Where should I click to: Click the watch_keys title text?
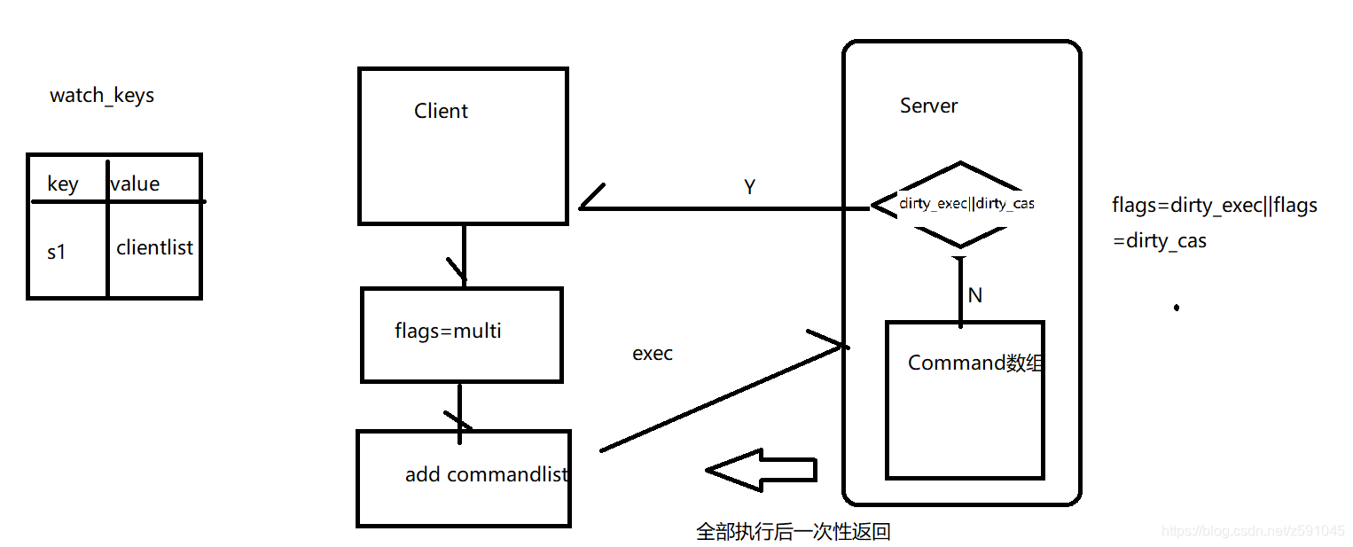click(102, 96)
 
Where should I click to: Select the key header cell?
click(63, 184)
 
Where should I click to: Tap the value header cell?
click(135, 184)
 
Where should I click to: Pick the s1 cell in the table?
click(57, 252)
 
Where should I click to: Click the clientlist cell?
click(154, 248)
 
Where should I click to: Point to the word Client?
click(441, 111)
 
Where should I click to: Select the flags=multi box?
click(461, 334)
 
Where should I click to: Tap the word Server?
click(928, 105)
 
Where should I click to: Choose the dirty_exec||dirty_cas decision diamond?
click(961, 204)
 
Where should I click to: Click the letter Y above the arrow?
click(749, 186)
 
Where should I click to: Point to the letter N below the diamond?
click(975, 295)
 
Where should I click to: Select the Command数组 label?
click(974, 363)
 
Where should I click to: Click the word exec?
click(653, 354)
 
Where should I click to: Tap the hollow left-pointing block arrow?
click(760, 470)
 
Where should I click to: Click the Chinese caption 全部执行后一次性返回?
click(793, 532)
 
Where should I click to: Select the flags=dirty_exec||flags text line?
click(1215, 206)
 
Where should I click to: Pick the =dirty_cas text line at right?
click(1160, 240)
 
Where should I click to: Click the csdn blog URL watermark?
click(1252, 530)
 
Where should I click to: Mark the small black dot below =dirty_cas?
click(1177, 308)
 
